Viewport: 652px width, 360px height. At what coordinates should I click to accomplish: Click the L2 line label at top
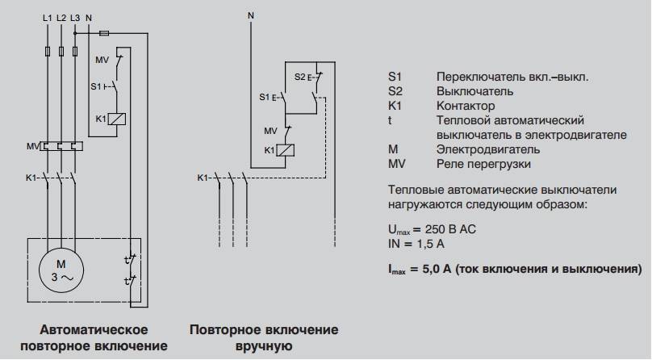62,17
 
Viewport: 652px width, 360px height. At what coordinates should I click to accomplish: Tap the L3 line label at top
75,17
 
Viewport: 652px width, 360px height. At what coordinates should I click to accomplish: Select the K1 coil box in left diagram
116,119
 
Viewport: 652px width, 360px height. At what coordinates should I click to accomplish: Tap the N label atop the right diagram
250,14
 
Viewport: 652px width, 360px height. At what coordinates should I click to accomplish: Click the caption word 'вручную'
264,347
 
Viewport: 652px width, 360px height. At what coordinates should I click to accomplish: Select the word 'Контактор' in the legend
466,106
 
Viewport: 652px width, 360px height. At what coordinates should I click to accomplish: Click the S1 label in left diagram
96,85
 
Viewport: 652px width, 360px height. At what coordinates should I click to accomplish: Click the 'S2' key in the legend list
395,91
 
